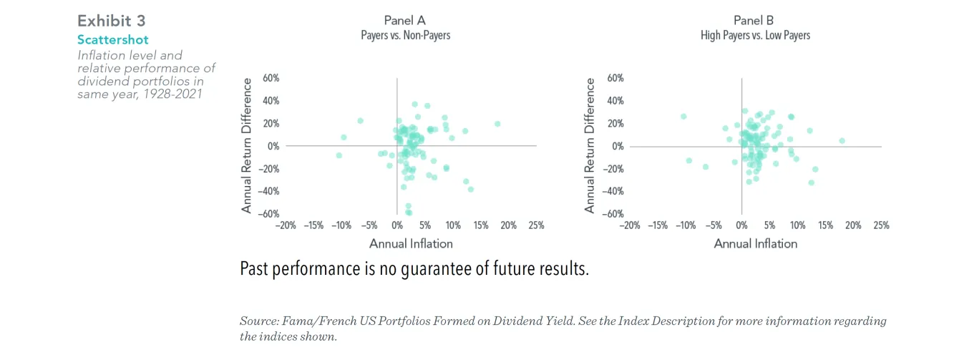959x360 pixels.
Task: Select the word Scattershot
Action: click(113, 39)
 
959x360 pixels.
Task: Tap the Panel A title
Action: click(405, 20)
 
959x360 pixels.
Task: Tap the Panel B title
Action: click(754, 20)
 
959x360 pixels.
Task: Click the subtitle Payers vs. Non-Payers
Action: click(405, 35)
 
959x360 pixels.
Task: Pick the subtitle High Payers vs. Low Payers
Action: click(755, 35)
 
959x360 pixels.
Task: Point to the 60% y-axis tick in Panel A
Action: click(271, 77)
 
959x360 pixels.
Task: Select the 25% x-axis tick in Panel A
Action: click(536, 225)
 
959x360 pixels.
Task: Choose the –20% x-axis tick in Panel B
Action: click(629, 225)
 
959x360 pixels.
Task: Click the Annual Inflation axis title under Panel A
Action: click(411, 244)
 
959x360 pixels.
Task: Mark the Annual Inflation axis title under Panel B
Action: click(755, 244)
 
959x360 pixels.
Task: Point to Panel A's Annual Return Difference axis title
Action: click(247, 145)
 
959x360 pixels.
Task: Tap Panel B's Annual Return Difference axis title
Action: click(590, 145)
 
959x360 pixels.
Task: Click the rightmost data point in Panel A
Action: click(497, 124)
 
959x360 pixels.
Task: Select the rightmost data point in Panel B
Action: click(842, 141)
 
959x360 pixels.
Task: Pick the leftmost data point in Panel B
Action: click(683, 116)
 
